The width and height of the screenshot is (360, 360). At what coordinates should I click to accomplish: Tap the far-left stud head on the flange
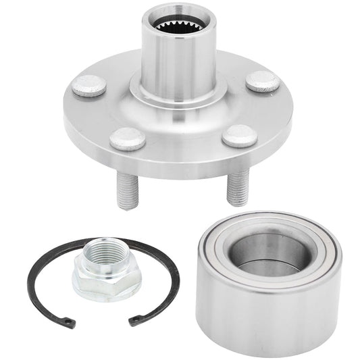89,86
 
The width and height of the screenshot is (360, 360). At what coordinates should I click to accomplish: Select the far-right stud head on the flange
263,82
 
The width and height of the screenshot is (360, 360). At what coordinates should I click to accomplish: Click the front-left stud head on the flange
128,138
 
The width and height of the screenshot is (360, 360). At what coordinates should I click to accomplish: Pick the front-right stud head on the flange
239,135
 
